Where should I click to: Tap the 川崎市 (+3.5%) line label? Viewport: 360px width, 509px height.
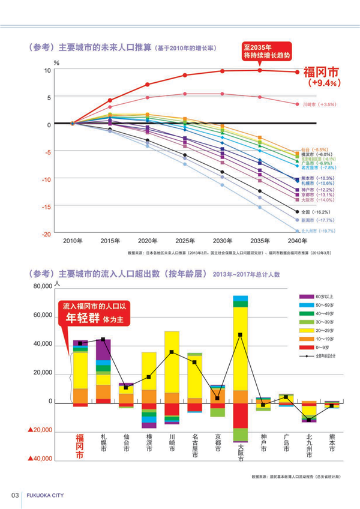[319, 104]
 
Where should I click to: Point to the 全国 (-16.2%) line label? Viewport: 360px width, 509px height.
[318, 212]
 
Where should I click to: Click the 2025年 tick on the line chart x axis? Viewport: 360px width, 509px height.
[184, 240]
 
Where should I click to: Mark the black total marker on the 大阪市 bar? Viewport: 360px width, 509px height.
[241, 335]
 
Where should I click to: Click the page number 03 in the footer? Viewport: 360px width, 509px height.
[15, 495]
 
